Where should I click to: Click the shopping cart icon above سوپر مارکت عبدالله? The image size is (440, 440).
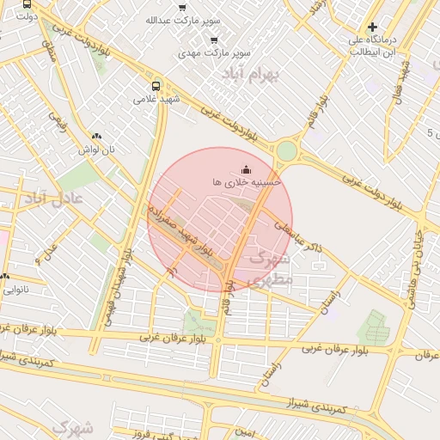[182, 7]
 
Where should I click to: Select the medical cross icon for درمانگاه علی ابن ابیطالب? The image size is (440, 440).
[372, 27]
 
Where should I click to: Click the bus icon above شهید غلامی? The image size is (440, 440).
[156, 86]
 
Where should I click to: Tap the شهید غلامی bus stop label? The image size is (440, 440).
[156, 99]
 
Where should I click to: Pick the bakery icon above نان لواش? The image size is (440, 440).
[95, 136]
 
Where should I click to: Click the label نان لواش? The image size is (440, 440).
[95, 150]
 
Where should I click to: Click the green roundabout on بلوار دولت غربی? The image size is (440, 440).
[286, 151]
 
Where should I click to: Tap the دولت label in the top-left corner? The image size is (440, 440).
[27, 15]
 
